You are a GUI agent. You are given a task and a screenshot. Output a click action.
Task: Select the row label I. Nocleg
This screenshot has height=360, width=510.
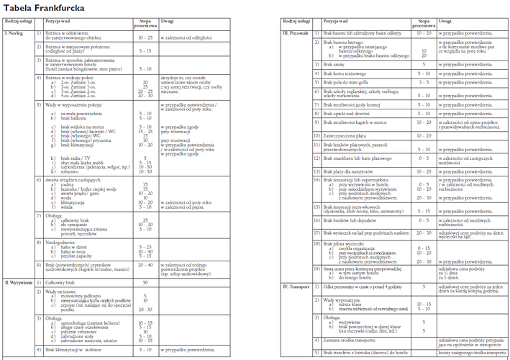(15, 34)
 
